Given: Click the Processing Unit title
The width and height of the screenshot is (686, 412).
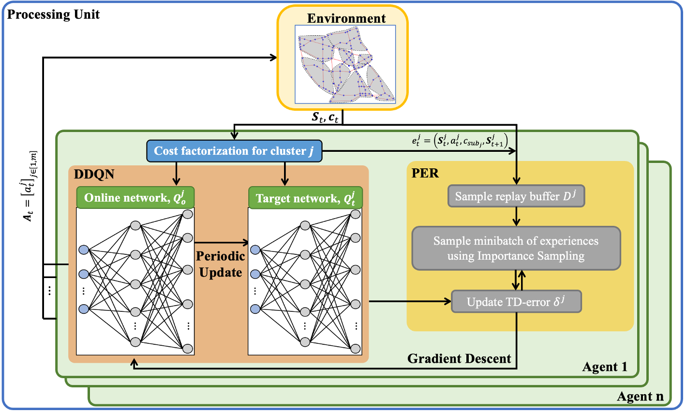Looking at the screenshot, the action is (x=53, y=15).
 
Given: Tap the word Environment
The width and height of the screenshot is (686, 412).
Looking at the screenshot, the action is (x=346, y=18).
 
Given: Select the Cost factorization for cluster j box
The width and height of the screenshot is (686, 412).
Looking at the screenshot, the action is (x=234, y=151).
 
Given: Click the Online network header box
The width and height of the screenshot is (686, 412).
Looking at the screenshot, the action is (x=135, y=197).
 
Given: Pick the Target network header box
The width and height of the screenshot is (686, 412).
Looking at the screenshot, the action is (x=305, y=198).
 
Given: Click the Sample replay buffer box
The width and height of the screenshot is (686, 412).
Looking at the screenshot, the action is (x=516, y=196).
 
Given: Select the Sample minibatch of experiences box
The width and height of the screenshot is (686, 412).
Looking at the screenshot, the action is (x=516, y=248).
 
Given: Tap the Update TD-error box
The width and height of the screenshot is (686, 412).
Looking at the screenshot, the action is (x=516, y=301).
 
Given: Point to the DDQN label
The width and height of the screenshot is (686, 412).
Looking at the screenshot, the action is (x=94, y=174).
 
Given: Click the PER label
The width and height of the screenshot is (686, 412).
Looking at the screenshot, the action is (x=425, y=173).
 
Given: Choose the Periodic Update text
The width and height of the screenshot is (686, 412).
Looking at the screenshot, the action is (x=221, y=264).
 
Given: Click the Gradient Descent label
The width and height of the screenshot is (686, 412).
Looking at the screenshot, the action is (x=459, y=358).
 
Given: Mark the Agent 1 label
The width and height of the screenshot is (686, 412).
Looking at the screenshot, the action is (x=605, y=367).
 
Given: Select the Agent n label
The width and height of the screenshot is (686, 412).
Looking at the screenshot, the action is (x=641, y=397).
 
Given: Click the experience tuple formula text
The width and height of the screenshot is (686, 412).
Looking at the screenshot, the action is (x=460, y=141).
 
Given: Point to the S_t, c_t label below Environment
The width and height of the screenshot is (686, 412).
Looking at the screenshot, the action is (x=325, y=117).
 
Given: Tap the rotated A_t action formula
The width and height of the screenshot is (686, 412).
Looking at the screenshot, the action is (x=30, y=186).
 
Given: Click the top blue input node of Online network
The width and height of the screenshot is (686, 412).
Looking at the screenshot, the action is (x=84, y=250).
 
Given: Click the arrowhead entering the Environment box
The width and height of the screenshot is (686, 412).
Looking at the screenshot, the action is (x=273, y=57).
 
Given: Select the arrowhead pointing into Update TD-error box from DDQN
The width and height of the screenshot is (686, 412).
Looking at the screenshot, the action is (x=447, y=301).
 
